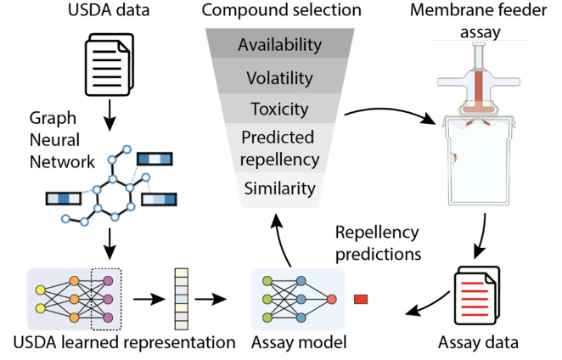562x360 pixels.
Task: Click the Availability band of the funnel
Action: click(280, 44)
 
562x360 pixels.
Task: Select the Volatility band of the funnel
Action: click(280, 77)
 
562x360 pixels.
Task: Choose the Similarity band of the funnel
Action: click(280, 188)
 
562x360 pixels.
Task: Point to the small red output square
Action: click(360, 298)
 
